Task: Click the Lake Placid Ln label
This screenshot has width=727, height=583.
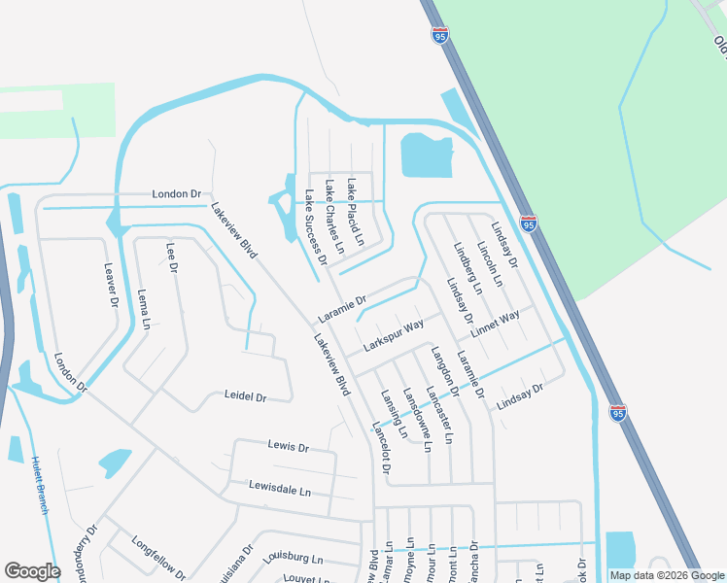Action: coord(356,211)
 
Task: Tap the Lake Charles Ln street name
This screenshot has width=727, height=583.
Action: coord(334,216)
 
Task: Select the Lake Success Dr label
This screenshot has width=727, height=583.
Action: coord(315,226)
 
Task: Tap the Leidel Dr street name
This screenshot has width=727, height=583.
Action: coord(245,396)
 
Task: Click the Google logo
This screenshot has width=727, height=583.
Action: coord(32,571)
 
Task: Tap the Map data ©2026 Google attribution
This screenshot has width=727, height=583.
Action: coord(667,575)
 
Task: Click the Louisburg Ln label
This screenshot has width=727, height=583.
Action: coord(292,559)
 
